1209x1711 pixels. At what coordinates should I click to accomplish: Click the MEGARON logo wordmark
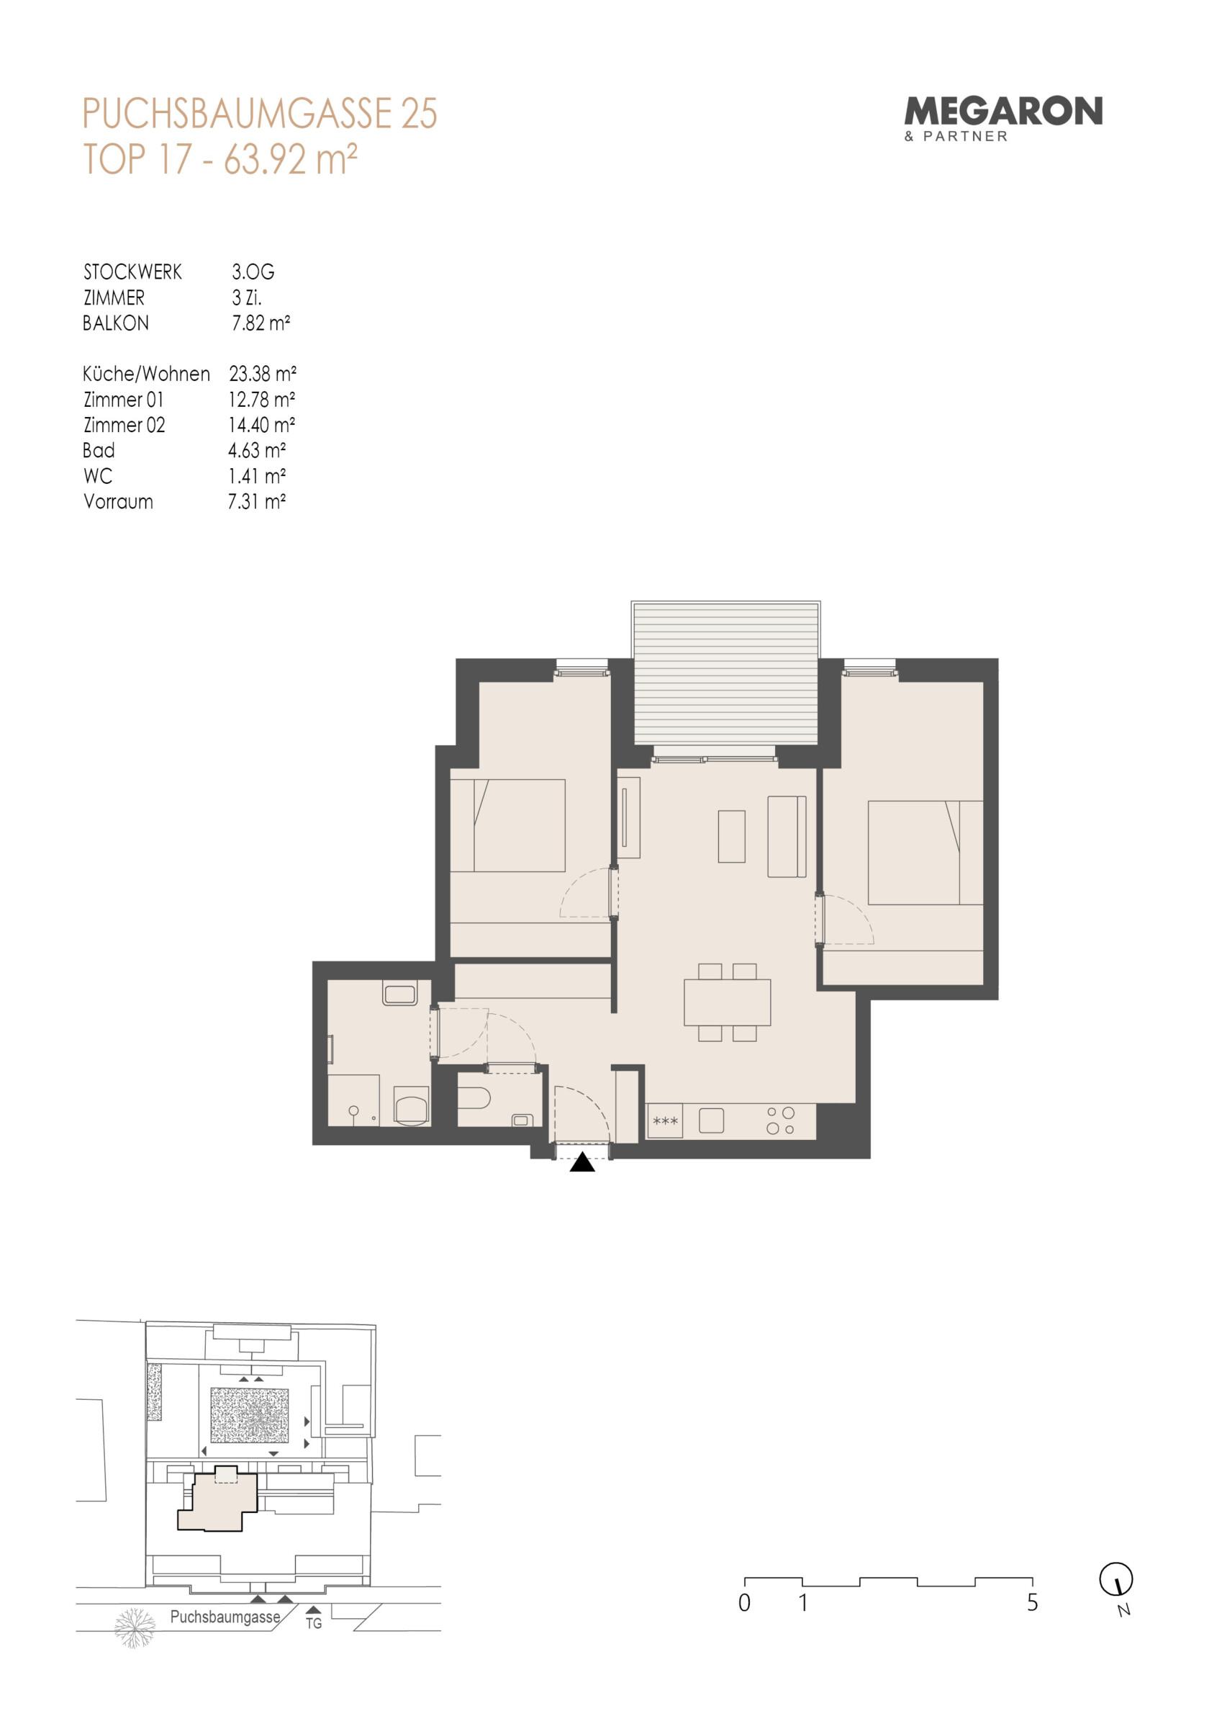click(1002, 112)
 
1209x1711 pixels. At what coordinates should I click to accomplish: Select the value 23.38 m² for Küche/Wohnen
click(262, 374)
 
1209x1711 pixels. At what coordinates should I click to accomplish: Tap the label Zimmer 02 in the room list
click(124, 425)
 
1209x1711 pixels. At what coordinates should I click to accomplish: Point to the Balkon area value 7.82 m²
click(261, 323)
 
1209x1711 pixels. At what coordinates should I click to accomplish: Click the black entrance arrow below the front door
click(581, 1162)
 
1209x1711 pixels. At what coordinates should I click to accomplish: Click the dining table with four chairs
click(727, 1002)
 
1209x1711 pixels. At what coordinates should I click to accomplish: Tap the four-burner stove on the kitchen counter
click(780, 1121)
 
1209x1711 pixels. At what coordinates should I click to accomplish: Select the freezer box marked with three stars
click(664, 1121)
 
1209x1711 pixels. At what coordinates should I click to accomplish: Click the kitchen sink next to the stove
click(712, 1121)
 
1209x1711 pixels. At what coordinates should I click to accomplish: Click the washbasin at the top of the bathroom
click(399, 993)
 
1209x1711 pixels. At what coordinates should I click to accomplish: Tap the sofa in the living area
click(787, 836)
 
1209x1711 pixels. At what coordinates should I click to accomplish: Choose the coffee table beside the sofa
click(731, 836)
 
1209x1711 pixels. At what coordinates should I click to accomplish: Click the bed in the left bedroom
click(508, 826)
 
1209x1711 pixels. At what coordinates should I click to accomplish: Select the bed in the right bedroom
click(925, 853)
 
